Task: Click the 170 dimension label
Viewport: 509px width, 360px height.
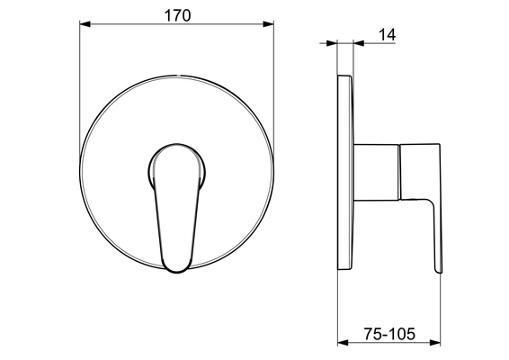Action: [177, 15]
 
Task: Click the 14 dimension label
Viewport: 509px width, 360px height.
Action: [388, 35]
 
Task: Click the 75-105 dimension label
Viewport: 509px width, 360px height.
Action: [389, 334]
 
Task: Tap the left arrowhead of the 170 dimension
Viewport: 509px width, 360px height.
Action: [85, 24]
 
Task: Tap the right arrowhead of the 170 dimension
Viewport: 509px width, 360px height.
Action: [269, 24]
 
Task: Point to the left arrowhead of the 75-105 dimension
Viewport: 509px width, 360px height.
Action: [343, 343]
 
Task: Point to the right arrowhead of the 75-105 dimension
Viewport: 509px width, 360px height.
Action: [435, 343]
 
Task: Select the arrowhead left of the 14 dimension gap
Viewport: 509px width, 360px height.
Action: [332, 43]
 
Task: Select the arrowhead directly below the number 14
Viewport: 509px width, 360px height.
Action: [359, 43]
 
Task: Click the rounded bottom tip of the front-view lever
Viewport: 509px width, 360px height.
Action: [176, 270]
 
